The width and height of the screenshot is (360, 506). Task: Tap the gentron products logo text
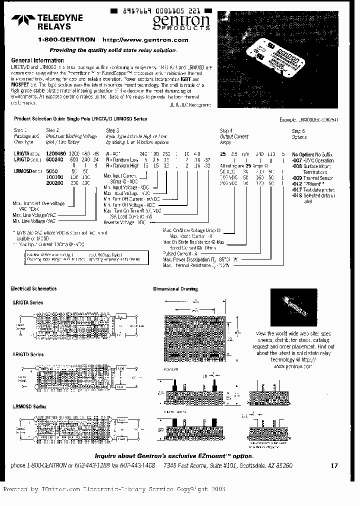[x=181, y=21]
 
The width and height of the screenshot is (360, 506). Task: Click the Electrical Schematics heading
[x=33, y=288]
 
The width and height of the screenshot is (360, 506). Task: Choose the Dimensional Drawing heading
[x=175, y=289]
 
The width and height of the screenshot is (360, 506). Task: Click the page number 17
[x=334, y=465]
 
